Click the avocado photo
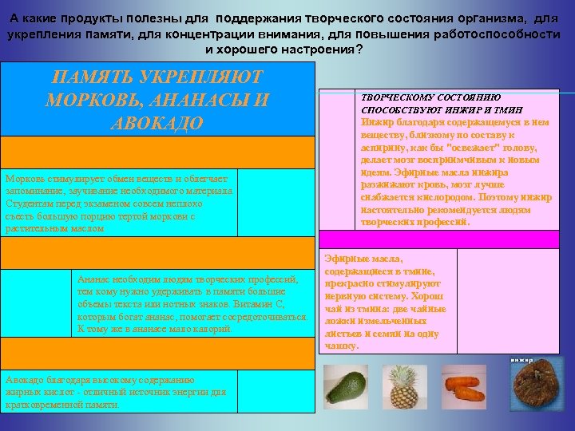coord(344,389)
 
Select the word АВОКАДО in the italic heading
coord(157,125)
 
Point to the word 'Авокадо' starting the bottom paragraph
coord(25,380)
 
